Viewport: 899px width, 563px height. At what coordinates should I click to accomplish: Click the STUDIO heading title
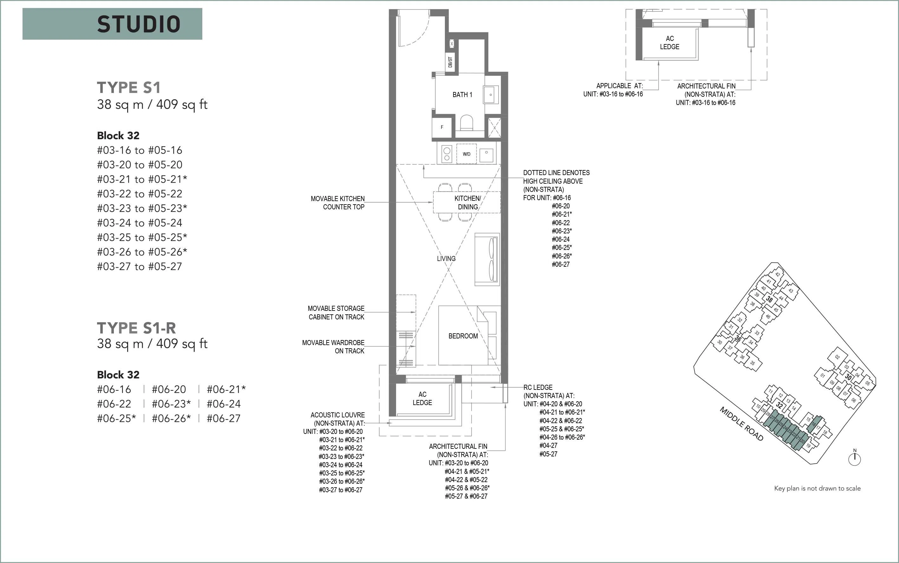pos(139,24)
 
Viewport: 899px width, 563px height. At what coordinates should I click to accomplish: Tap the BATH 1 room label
pos(462,95)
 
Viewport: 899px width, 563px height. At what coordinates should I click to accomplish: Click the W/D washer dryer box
pos(466,154)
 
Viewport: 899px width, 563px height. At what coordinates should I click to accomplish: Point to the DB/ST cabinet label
pos(450,62)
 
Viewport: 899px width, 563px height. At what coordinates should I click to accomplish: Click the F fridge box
pos(442,127)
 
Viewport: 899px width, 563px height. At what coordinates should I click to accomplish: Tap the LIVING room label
pos(446,259)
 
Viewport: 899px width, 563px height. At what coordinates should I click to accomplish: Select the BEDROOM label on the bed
pos(463,336)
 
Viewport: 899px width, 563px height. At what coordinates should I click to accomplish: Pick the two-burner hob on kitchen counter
pos(447,154)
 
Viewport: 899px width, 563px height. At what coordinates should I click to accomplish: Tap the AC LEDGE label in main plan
pos(422,398)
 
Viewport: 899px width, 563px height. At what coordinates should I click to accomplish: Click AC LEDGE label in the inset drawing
pos(670,43)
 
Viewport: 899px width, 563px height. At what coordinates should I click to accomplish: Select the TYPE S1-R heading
pos(136,328)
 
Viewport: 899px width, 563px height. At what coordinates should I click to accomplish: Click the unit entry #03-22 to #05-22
pos(140,193)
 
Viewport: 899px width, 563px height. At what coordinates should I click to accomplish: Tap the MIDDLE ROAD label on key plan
pos(741,424)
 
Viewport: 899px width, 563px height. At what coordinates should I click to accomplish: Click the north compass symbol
pos(855,458)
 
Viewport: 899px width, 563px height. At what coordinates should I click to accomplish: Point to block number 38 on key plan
pos(769,299)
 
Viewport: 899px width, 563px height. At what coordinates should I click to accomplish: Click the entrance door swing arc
pos(419,36)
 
